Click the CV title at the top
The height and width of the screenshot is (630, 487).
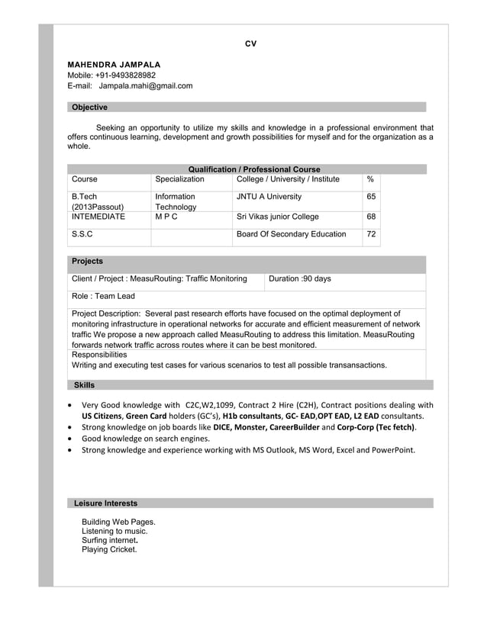coord(250,43)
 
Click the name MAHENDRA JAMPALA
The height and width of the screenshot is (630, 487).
coord(114,65)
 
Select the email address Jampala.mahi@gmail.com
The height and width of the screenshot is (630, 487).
coord(146,86)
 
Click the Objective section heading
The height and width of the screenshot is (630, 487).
coord(89,108)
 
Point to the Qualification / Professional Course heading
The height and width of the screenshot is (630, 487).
coord(253,169)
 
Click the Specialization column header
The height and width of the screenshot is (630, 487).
coord(179,179)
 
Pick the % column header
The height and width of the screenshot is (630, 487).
coord(370,179)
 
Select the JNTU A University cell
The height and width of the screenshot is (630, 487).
coord(269,197)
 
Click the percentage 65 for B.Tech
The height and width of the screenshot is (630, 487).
coord(371,197)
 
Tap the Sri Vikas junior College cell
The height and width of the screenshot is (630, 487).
coord(278,217)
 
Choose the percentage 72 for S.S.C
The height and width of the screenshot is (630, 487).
coord(371,234)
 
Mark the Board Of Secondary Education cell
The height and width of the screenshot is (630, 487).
coord(291,234)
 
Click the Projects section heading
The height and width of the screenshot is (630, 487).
coord(87,262)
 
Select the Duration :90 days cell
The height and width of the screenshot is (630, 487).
coord(300,279)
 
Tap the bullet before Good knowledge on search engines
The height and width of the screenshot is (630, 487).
coord(71,439)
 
